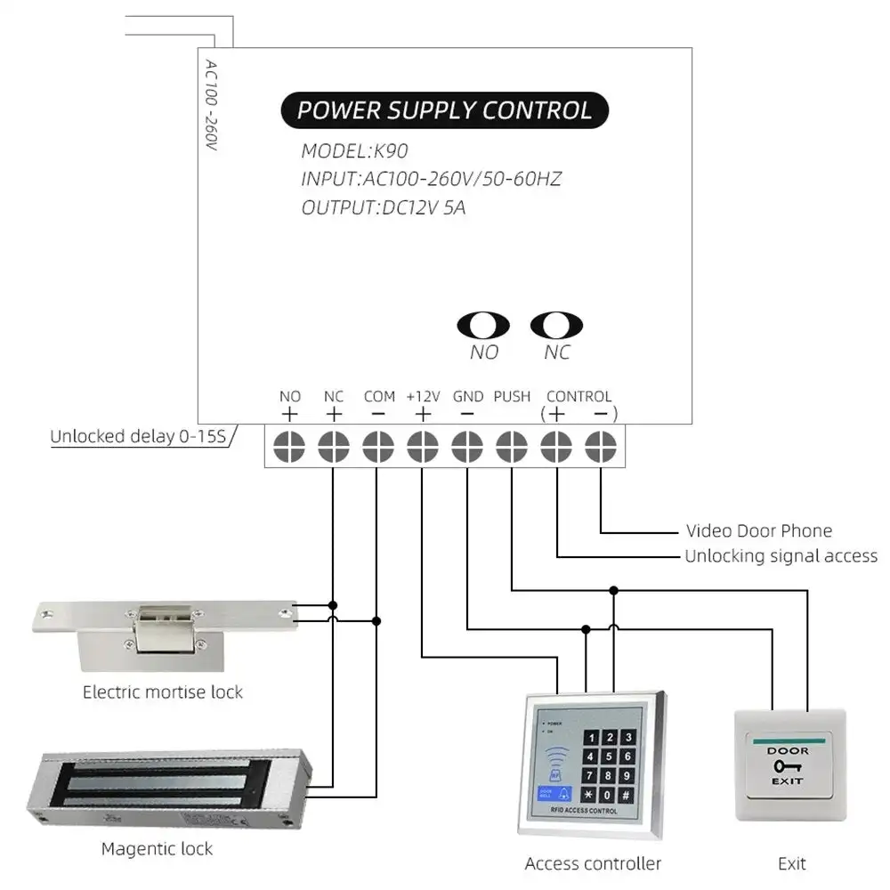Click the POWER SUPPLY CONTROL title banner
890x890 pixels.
pyautogui.click(x=444, y=110)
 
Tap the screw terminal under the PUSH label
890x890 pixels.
pyautogui.click(x=512, y=445)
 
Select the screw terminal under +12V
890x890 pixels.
pyautogui.click(x=422, y=445)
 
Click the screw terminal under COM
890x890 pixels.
pyautogui.click(x=377, y=445)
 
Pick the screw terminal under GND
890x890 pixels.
pyautogui.click(x=467, y=445)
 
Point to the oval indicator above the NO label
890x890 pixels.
pyautogui.click(x=483, y=326)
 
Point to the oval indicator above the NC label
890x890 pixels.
pyautogui.click(x=556, y=326)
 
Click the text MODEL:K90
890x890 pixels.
pyautogui.click(x=354, y=150)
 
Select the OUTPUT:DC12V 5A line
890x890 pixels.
pyautogui.click(x=384, y=209)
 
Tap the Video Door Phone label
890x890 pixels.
pyautogui.click(x=758, y=531)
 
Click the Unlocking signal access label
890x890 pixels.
pyautogui.click(x=781, y=556)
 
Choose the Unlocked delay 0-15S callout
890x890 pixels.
pyautogui.click(x=138, y=436)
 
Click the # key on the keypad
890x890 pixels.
pyautogui.click(x=627, y=794)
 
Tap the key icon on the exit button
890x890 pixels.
pyautogui.click(x=788, y=765)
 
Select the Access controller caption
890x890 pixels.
pyautogui.click(x=593, y=863)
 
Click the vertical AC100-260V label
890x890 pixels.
pyautogui.click(x=211, y=104)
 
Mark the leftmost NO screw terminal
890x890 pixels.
pyautogui.click(x=289, y=445)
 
